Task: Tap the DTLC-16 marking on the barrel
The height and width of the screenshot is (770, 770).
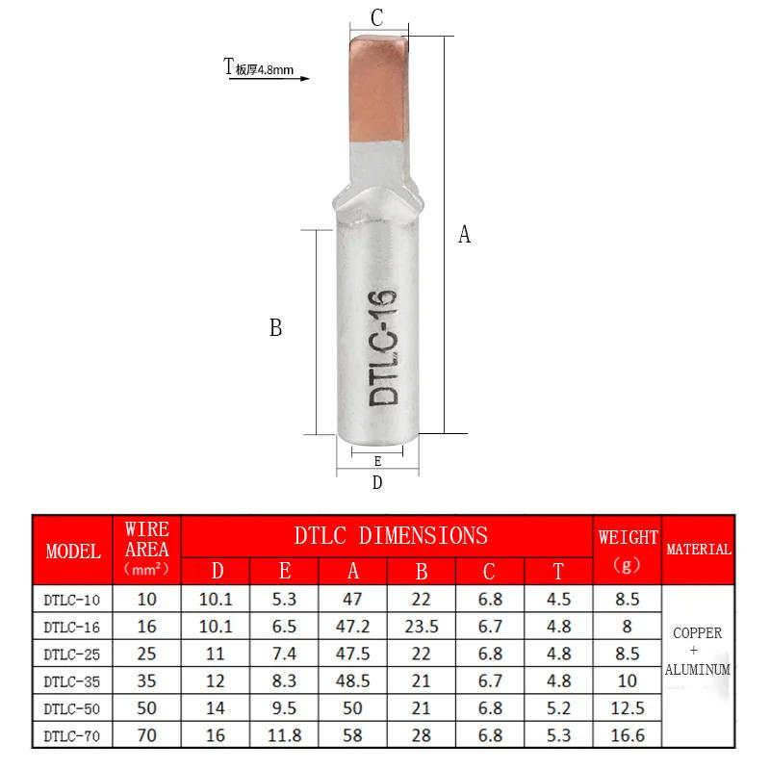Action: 383,347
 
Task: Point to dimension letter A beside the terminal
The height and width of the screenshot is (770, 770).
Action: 464,234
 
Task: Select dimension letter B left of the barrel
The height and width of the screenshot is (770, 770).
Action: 275,328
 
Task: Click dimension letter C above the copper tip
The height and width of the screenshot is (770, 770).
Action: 377,17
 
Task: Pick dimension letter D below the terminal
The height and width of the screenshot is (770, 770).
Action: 377,482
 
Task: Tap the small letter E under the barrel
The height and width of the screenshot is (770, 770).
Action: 377,461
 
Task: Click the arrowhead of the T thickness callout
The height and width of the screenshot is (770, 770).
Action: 305,79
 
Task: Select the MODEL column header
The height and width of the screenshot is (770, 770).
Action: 73,552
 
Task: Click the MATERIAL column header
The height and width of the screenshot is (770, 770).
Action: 699,550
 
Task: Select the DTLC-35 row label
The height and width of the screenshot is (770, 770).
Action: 72,681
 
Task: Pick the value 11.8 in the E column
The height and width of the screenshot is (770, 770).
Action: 285,736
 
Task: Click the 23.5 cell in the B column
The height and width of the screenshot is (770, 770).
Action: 421,627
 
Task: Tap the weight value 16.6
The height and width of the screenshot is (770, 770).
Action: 628,736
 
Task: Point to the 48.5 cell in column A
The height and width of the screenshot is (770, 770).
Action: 353,681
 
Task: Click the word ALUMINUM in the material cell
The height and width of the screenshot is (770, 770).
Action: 699,669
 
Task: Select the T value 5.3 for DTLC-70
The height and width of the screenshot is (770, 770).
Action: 558,736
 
